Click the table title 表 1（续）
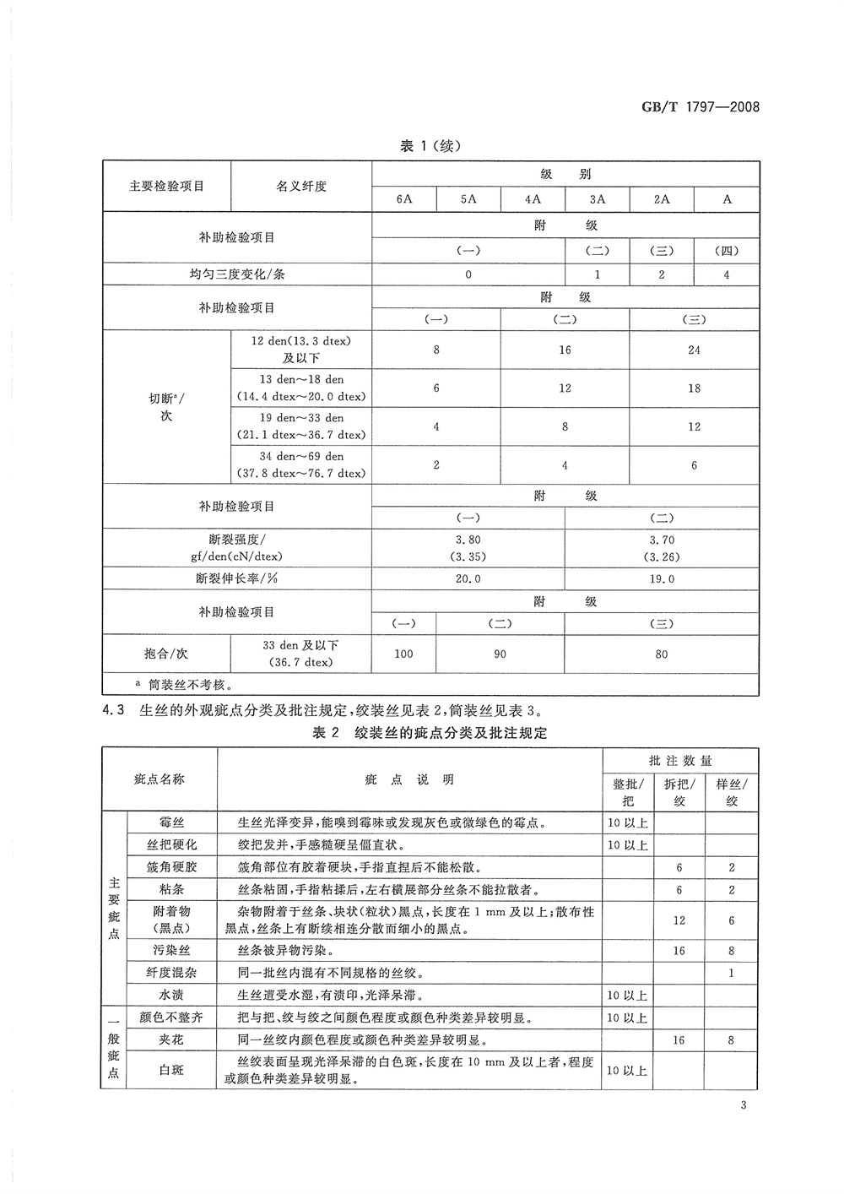tap(430, 146)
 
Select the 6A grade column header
tap(404, 199)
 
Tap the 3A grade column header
tap(598, 199)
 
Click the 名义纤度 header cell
tap(301, 187)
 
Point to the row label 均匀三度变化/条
tap(236, 274)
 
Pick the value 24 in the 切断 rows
tap(694, 350)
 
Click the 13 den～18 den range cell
tap(301, 388)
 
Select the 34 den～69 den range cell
tap(301, 464)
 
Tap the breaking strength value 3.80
tap(468, 540)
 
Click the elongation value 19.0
tap(663, 579)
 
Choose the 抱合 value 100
tap(404, 654)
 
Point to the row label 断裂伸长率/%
tap(236, 579)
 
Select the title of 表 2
tap(430, 733)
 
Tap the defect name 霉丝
tap(171, 822)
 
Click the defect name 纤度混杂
tap(171, 973)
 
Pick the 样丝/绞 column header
tap(731, 792)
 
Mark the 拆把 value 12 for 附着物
tap(679, 920)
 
